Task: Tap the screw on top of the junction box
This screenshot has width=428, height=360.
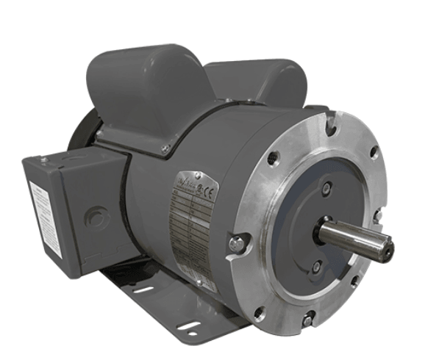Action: coord(45,159)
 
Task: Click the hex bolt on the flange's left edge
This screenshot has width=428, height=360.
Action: coord(236,243)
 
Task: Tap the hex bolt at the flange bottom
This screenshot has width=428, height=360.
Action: coord(309,318)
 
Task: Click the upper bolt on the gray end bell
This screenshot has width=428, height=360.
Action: coord(327,188)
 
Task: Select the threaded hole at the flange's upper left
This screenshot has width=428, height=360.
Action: coord(274,157)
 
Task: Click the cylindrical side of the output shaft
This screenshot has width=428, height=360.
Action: coord(346,236)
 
